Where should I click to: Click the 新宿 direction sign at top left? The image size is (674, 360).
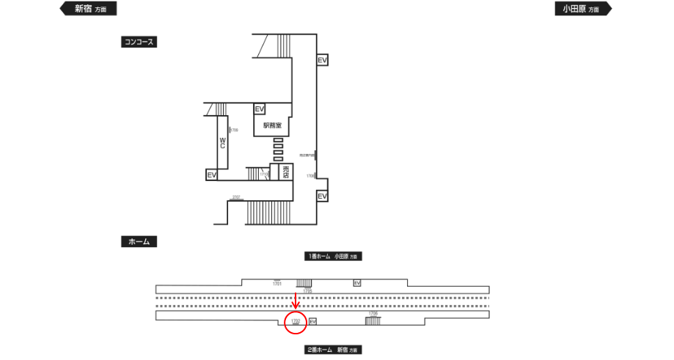click(x=87, y=9)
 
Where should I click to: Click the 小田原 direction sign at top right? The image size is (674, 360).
click(x=582, y=9)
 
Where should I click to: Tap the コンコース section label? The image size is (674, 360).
click(x=139, y=43)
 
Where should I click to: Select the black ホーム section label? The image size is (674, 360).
click(x=139, y=241)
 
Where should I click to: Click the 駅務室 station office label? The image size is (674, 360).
click(x=273, y=125)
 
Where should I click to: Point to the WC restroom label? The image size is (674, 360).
click(x=222, y=142)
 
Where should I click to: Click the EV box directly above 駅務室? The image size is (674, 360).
click(x=259, y=109)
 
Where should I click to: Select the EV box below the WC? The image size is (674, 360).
click(x=211, y=175)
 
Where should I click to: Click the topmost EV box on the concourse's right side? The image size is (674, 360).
click(x=322, y=60)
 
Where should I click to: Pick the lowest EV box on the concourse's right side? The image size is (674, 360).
click(x=322, y=196)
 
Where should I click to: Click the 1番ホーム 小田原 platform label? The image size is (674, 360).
click(x=334, y=257)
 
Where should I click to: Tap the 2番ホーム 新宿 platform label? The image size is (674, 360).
click(x=334, y=350)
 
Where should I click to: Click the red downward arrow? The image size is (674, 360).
click(x=296, y=301)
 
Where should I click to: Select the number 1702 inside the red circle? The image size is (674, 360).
click(x=296, y=321)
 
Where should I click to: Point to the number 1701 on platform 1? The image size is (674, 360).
click(x=277, y=283)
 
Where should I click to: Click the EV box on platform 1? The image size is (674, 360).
click(x=357, y=283)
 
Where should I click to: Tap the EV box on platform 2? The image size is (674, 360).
click(x=312, y=321)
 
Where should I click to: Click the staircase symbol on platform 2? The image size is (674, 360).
click(x=373, y=321)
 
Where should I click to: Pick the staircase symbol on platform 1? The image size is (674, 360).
click(x=304, y=283)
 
